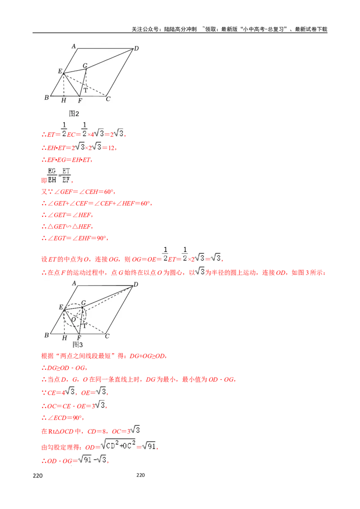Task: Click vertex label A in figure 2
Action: point(74,46)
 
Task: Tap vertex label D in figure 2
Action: point(136,49)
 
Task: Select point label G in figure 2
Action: point(85,66)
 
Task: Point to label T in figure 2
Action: point(85,90)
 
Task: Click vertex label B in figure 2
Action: point(46,98)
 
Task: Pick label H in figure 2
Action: point(63,100)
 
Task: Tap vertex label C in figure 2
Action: point(108,99)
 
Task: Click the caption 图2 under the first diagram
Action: point(74,113)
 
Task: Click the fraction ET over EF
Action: point(66,174)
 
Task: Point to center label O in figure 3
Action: point(73,319)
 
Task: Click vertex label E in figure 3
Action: point(60,307)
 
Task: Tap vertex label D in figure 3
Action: point(136,284)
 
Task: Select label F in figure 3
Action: point(79,338)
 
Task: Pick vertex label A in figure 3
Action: point(74,283)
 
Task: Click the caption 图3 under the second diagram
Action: point(77,344)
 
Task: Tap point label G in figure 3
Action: point(83,303)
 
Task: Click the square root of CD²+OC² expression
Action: point(118,446)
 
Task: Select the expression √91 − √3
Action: point(92,459)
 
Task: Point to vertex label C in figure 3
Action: point(107,336)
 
